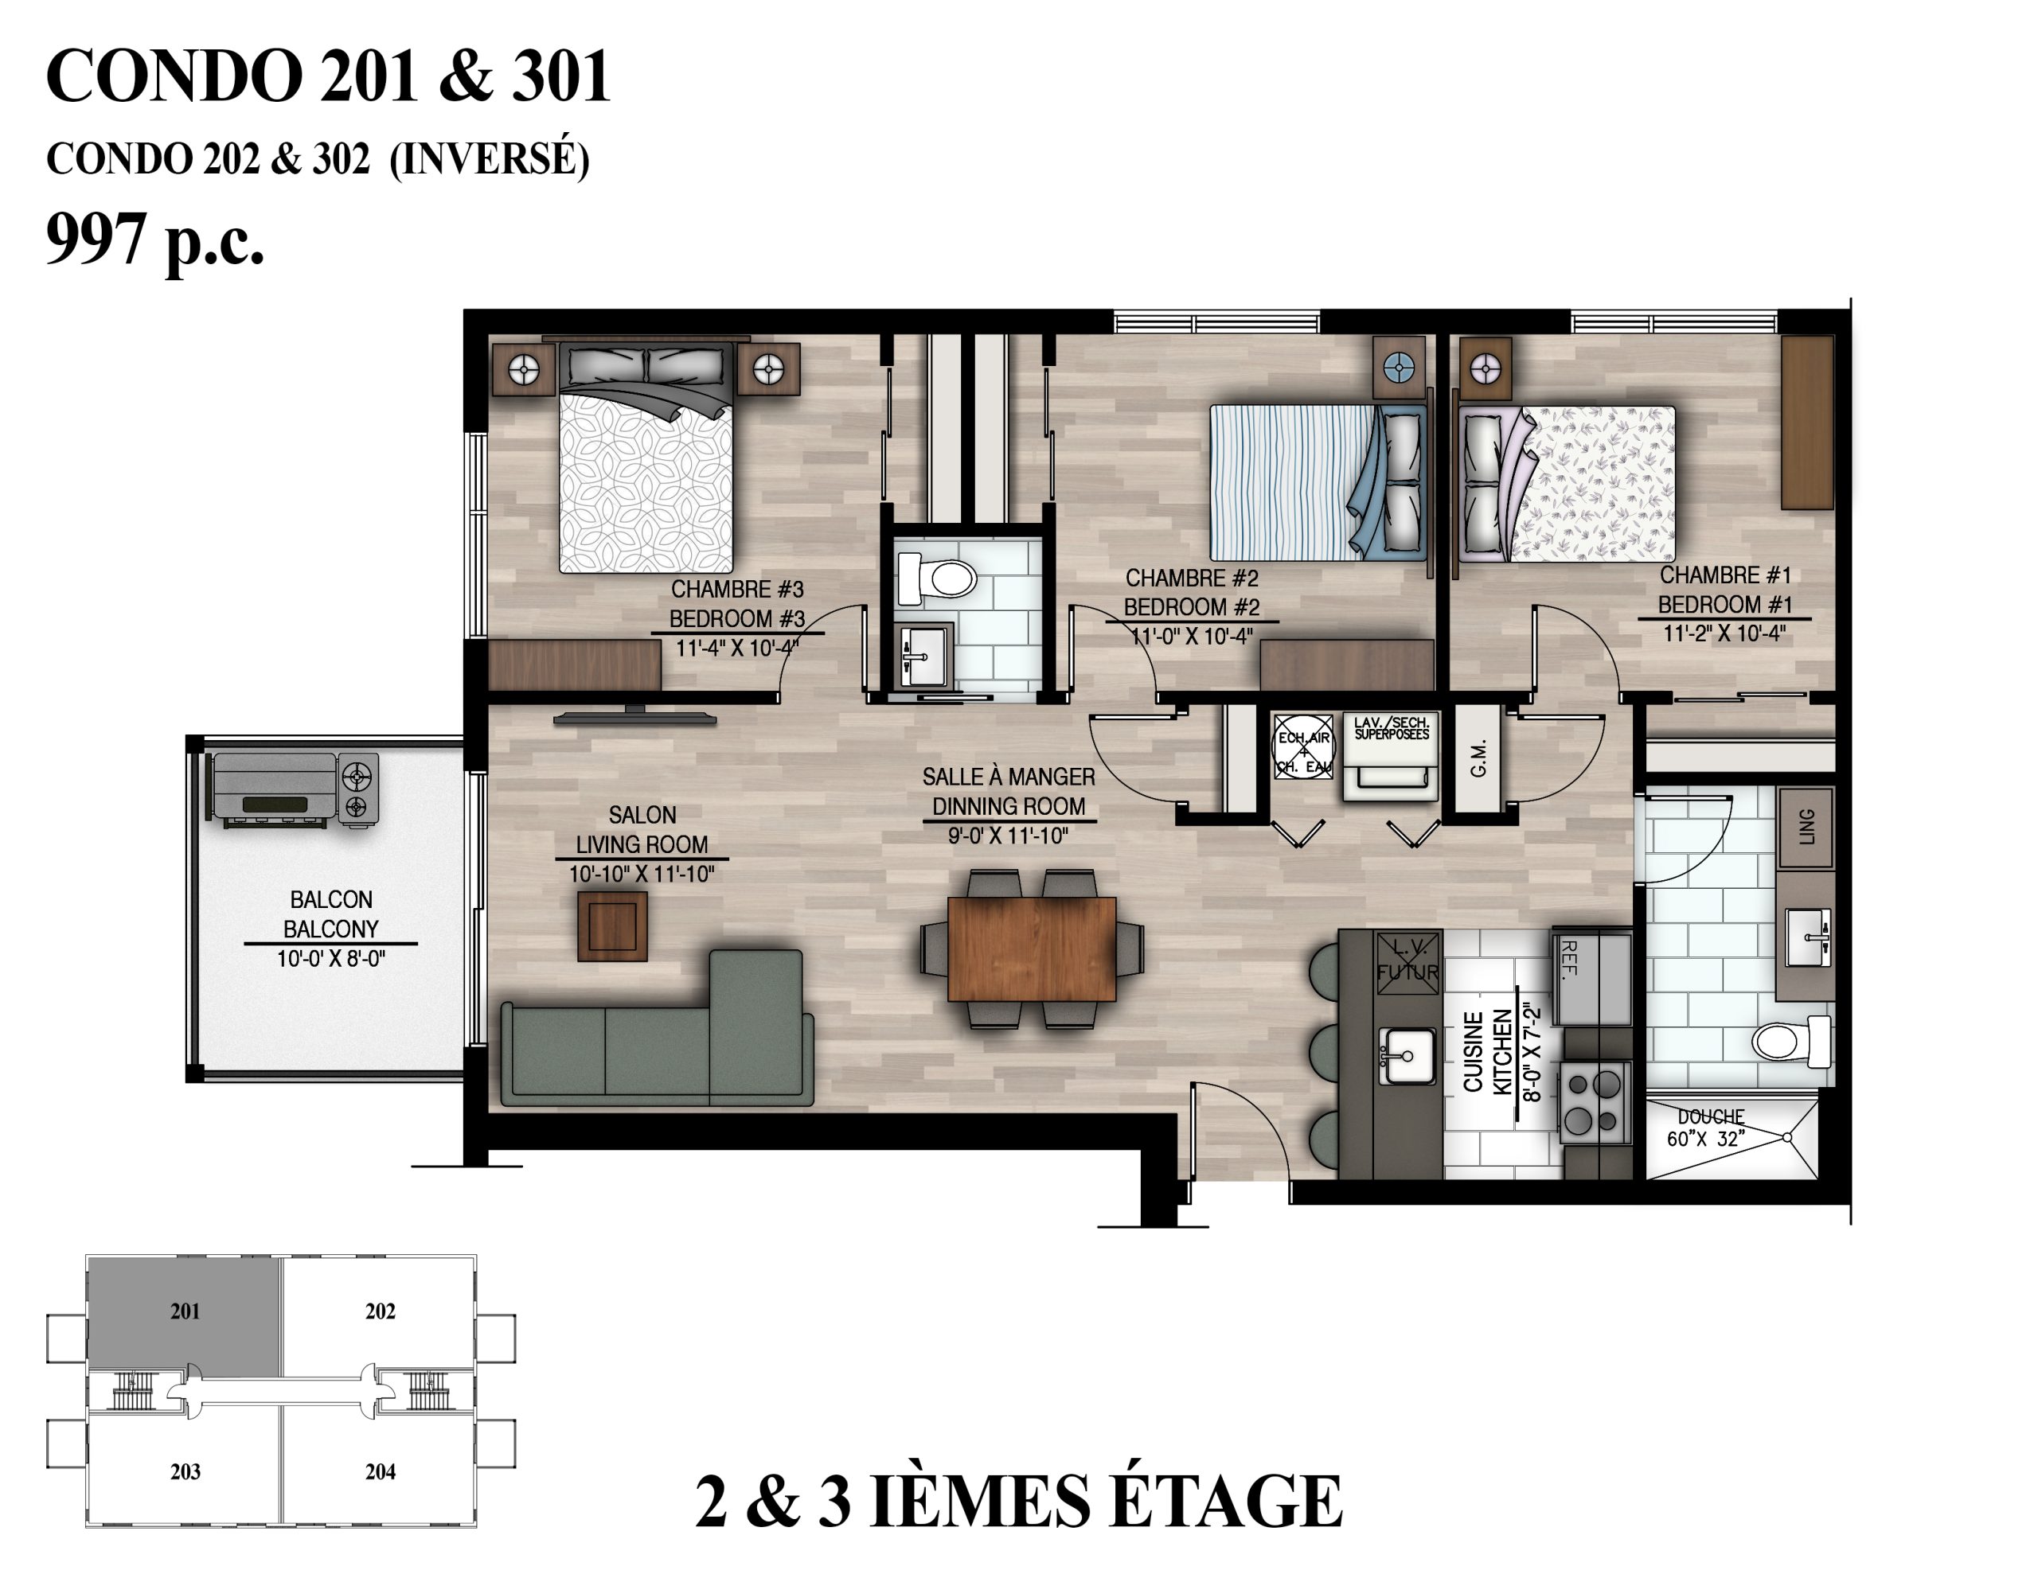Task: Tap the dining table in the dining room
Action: (x=1031, y=948)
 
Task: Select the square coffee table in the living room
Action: (x=612, y=925)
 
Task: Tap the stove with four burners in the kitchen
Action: (x=1594, y=1103)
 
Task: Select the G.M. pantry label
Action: (x=1478, y=757)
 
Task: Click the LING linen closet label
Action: (x=1806, y=827)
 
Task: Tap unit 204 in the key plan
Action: (x=380, y=1471)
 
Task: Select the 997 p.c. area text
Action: (x=155, y=240)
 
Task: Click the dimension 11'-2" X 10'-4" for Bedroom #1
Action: (x=1724, y=633)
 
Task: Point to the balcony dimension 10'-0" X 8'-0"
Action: (x=330, y=958)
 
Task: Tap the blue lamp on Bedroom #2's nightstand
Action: (x=1399, y=368)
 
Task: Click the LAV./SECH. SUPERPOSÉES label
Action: (x=1392, y=728)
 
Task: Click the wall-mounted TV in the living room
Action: (x=635, y=716)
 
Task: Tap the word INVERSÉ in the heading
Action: (x=489, y=158)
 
